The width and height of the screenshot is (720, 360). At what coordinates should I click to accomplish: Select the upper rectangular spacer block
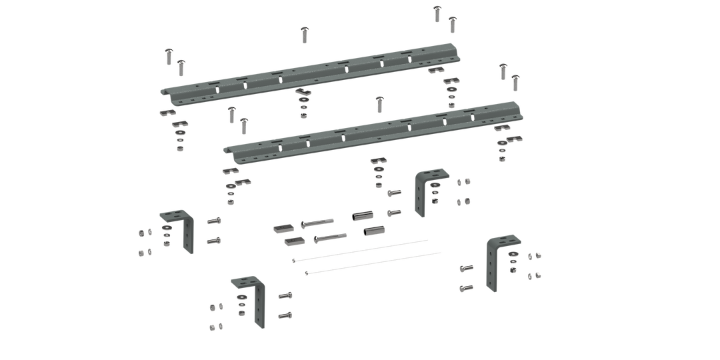[x=281, y=228]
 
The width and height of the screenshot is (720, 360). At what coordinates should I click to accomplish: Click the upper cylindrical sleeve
[x=361, y=217]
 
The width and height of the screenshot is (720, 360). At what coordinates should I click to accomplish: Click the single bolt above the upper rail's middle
[x=305, y=33]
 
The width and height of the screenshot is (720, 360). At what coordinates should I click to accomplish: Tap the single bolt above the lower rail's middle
[x=379, y=103]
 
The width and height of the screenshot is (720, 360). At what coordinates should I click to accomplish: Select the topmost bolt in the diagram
[x=437, y=11]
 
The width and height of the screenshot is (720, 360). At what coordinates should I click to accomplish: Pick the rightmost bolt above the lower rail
[x=515, y=81]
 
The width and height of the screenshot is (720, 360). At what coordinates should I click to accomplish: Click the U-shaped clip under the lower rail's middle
[x=379, y=160]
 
